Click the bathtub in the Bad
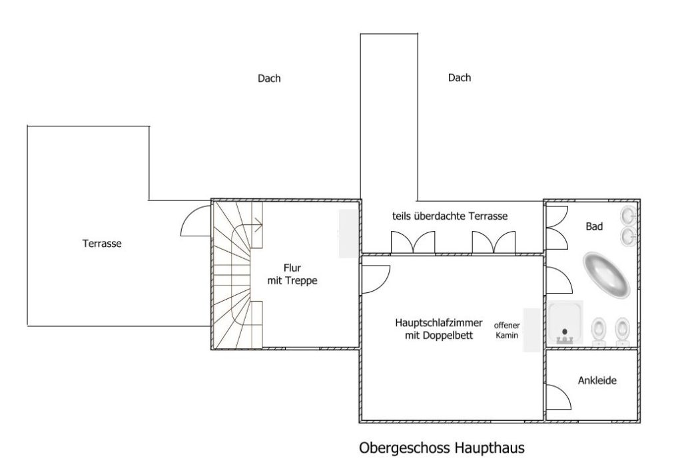click(x=606, y=275)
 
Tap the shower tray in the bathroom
click(x=565, y=322)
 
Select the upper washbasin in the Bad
click(x=629, y=215)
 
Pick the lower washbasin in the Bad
click(x=629, y=236)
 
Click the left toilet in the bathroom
click(x=599, y=332)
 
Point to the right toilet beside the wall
click(x=622, y=332)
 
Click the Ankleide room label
click(x=597, y=381)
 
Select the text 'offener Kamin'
click(x=507, y=330)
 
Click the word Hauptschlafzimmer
click(x=438, y=323)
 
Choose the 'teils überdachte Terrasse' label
click(x=450, y=216)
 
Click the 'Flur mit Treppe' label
click(x=292, y=274)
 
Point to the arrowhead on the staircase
click(x=259, y=226)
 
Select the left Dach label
click(x=269, y=79)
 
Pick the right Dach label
click(x=460, y=77)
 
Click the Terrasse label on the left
click(x=102, y=243)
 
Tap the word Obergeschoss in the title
click(x=404, y=448)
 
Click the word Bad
click(x=594, y=226)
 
